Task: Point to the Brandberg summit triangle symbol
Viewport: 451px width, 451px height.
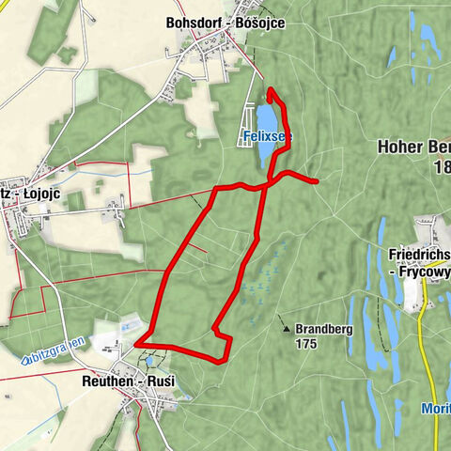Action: [285, 330]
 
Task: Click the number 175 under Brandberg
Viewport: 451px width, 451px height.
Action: [304, 344]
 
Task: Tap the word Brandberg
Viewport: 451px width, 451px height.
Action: [323, 330]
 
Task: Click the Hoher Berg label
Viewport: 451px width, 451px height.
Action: [413, 147]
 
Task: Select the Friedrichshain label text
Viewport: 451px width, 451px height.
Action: [418, 254]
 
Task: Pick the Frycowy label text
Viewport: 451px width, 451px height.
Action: [420, 271]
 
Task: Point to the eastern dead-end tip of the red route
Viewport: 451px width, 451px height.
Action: [318, 179]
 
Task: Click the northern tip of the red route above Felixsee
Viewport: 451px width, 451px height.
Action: [271, 90]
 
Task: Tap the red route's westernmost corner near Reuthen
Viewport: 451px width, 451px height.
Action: [138, 345]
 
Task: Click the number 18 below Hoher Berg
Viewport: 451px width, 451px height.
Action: [442, 167]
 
